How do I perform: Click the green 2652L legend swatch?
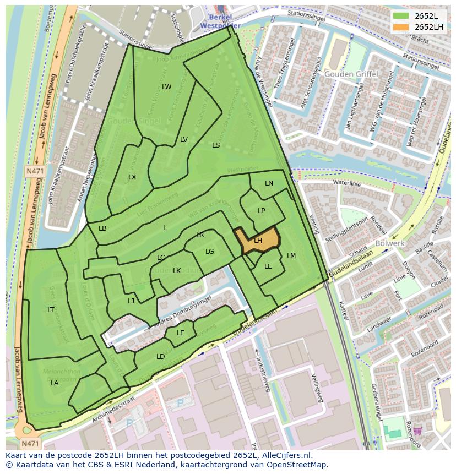coord(401,16)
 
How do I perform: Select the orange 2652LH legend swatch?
coord(401,27)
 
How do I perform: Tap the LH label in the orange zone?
coord(258,241)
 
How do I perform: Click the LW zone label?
coord(166,87)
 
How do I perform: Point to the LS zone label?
coord(216,145)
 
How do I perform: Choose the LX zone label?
coord(132,177)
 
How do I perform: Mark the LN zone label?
coord(269,183)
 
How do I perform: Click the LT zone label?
coord(51,310)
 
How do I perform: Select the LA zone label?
coord(55,383)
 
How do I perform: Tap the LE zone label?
coord(181,333)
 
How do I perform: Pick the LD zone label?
coord(160,357)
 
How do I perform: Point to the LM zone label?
coord(291,256)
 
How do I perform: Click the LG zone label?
coord(209,252)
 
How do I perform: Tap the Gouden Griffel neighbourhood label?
coord(351,74)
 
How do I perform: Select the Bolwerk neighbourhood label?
coord(390,243)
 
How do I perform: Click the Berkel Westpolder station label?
coord(220,21)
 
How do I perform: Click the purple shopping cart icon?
coord(417,431)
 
